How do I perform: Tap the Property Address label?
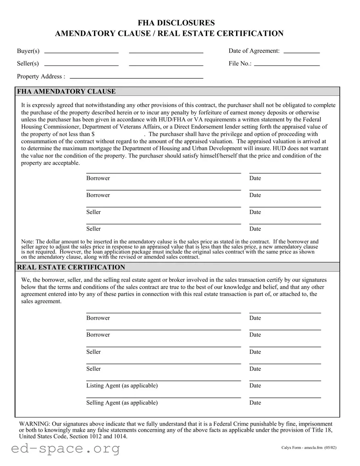point(41,76)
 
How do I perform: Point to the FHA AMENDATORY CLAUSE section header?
point(66,92)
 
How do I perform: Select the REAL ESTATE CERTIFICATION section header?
point(71,267)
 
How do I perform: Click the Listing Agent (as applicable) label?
point(122,386)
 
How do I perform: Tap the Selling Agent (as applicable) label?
point(122,403)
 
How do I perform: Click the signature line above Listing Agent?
point(163,380)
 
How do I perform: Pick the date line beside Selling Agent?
point(285,397)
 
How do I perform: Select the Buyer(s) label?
point(28,51)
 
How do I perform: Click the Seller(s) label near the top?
point(28,63)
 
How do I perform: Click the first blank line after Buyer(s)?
point(81,52)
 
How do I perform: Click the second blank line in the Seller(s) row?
point(166,65)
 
